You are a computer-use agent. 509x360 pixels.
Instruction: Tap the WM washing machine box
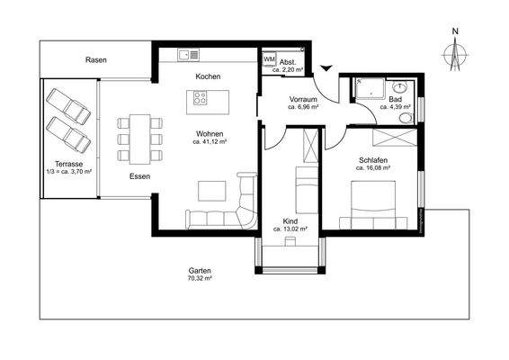pos(269,59)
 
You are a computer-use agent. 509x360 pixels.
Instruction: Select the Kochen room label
pos(208,76)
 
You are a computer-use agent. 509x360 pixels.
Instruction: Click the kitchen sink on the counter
pos(187,54)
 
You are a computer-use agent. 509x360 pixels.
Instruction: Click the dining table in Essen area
pos(138,131)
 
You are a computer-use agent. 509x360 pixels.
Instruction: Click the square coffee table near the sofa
pos(213,190)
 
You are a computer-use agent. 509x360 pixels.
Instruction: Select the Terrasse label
pos(69,165)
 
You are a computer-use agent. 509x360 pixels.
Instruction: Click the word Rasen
pos(96,59)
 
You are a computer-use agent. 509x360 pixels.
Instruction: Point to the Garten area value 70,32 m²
pos(200,279)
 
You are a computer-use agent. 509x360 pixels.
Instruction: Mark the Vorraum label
pos(305,98)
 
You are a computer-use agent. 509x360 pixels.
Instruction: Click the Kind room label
pos(290,220)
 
